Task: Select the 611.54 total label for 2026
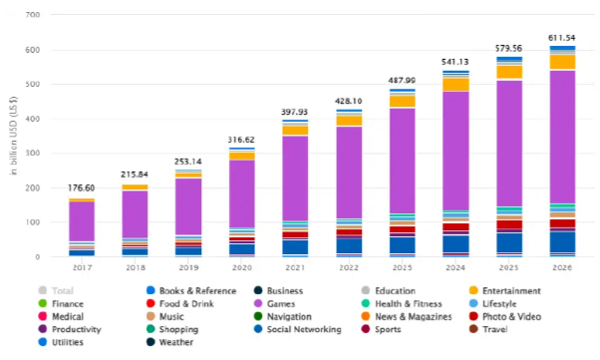tap(563, 38)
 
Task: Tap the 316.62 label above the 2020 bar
tap(241, 140)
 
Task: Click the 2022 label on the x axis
tap(348, 267)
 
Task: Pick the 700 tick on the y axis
tap(34, 15)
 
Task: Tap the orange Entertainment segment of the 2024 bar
tap(455, 85)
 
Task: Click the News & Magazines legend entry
tap(422, 315)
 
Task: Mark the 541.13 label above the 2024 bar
tap(455, 62)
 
